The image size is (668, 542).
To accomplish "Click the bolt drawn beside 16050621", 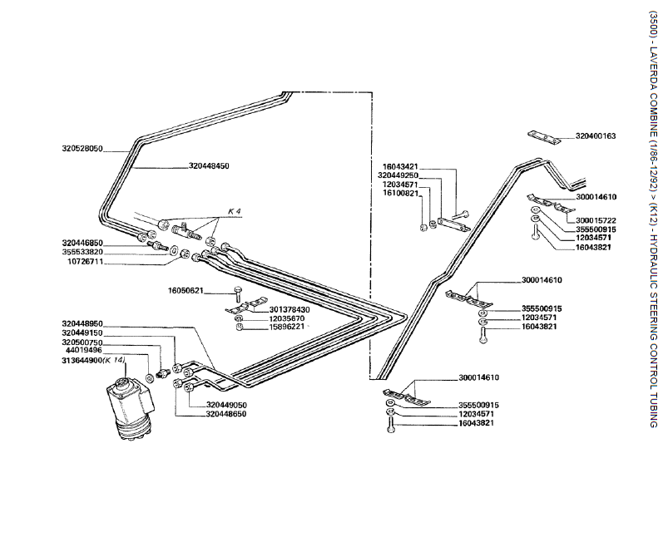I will (239, 292).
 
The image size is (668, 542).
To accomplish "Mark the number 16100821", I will (403, 193).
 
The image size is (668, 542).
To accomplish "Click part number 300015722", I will (595, 220).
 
